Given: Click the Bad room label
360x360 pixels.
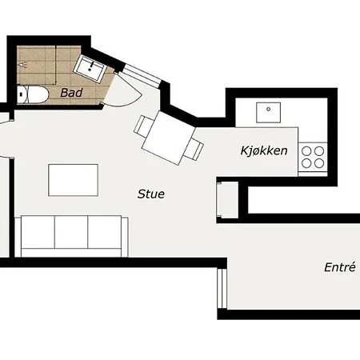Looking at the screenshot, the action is (71, 93).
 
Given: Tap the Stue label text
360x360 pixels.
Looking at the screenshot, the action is (151, 194).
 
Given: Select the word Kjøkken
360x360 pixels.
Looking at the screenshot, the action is (264, 150).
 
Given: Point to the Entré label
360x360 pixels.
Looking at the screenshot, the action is (340, 267).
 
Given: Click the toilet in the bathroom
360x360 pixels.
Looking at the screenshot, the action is (33, 95).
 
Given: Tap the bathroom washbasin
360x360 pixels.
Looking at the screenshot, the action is (90, 69).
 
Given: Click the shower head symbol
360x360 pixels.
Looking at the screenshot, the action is (22, 65).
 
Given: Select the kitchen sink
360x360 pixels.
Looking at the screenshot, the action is (268, 113).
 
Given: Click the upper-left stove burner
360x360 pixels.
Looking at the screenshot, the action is (306, 151).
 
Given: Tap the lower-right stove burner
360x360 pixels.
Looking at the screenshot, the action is (319, 163).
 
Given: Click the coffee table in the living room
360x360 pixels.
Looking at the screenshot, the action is (73, 180).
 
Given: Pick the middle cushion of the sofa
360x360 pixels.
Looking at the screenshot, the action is (71, 232).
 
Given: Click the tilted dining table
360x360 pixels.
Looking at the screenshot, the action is (169, 138).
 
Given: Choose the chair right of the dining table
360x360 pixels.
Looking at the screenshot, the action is (194, 150).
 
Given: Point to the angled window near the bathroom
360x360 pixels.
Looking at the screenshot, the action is (142, 76).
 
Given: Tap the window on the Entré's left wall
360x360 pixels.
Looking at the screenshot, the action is (222, 289).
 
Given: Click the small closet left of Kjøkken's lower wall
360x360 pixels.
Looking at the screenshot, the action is (227, 200).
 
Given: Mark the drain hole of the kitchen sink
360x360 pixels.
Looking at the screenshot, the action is (269, 109).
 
